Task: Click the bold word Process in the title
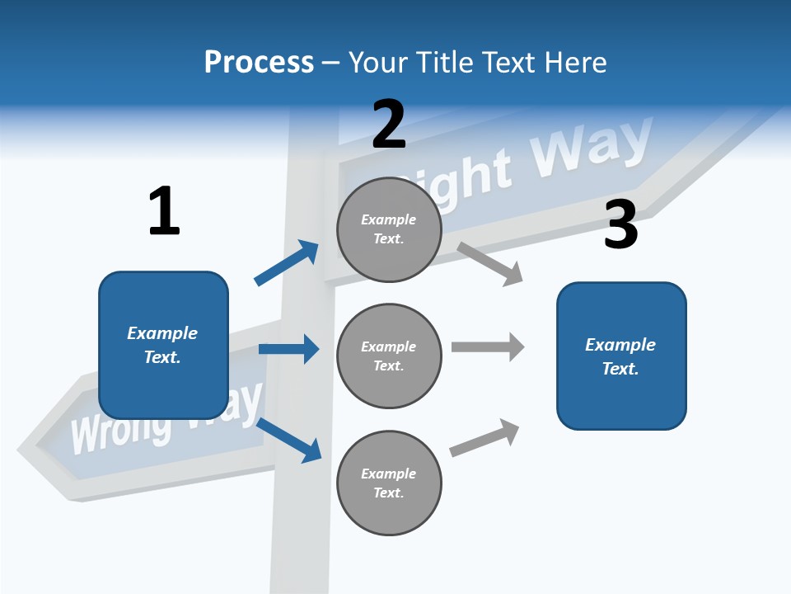[259, 63]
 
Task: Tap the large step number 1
[164, 212]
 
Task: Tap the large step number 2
[389, 125]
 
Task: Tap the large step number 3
[620, 225]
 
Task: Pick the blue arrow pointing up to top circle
[287, 262]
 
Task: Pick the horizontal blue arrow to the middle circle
[288, 349]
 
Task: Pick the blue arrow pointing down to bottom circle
[289, 439]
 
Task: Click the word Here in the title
[576, 63]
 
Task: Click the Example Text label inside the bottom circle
[389, 483]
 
